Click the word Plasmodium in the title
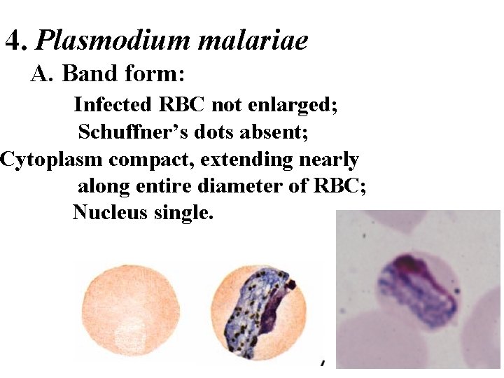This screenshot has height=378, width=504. point(113,41)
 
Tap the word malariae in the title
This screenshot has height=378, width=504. point(253,41)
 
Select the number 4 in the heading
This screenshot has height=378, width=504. point(14,42)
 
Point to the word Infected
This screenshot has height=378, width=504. point(113,105)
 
